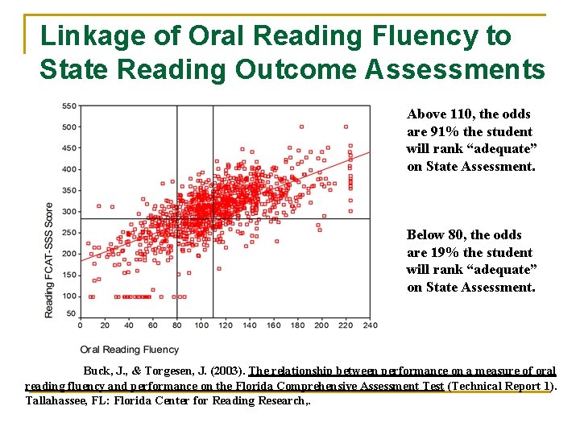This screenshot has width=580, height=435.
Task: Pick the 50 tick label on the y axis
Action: click(x=72, y=313)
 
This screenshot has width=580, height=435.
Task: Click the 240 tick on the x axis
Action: click(x=371, y=325)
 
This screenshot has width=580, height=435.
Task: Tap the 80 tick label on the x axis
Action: click(x=177, y=325)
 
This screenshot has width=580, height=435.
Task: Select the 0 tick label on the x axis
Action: click(x=81, y=325)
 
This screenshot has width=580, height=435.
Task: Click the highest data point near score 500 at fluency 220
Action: click(x=346, y=126)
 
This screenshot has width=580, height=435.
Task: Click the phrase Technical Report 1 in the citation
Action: click(x=499, y=385)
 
